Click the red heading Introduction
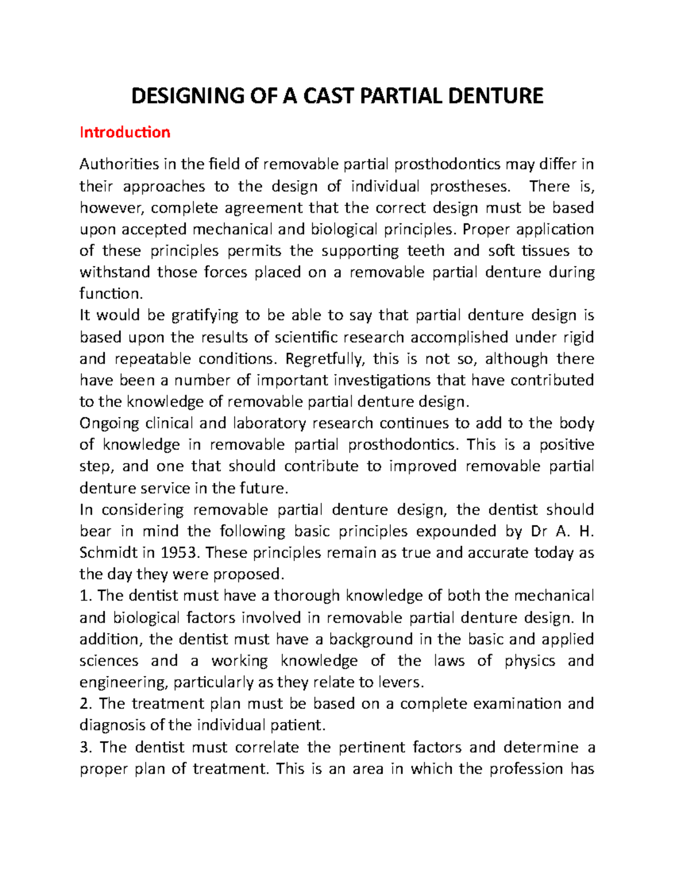[x=125, y=132]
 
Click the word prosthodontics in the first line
[x=447, y=164]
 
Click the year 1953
[x=180, y=553]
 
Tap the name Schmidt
[x=109, y=553]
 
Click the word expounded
[x=439, y=531]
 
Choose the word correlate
[x=267, y=747]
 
